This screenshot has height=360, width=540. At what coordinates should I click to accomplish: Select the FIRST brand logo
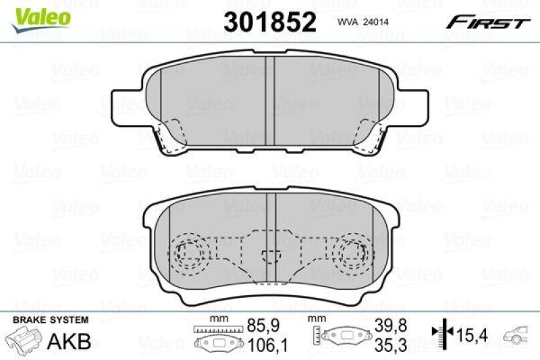[486, 23]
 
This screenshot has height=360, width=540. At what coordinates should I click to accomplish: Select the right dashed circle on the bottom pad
[351, 254]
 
